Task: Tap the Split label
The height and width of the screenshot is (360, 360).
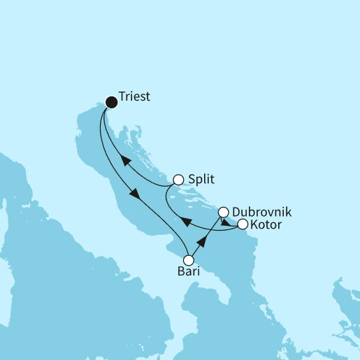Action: (201, 179)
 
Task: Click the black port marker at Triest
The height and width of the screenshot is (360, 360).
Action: (110, 102)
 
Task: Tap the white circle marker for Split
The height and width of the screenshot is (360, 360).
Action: (178, 180)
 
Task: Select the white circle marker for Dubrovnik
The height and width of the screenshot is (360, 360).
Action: (224, 212)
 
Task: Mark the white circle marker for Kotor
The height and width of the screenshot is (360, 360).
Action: (243, 224)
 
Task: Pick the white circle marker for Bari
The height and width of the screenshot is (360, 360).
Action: (188, 260)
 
